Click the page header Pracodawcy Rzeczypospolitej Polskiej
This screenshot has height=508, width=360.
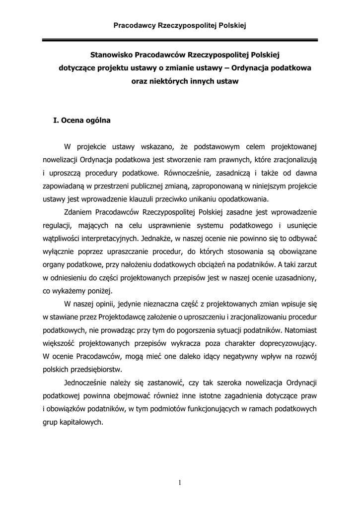click(180, 24)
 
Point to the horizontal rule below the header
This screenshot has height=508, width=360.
click(180, 40)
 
